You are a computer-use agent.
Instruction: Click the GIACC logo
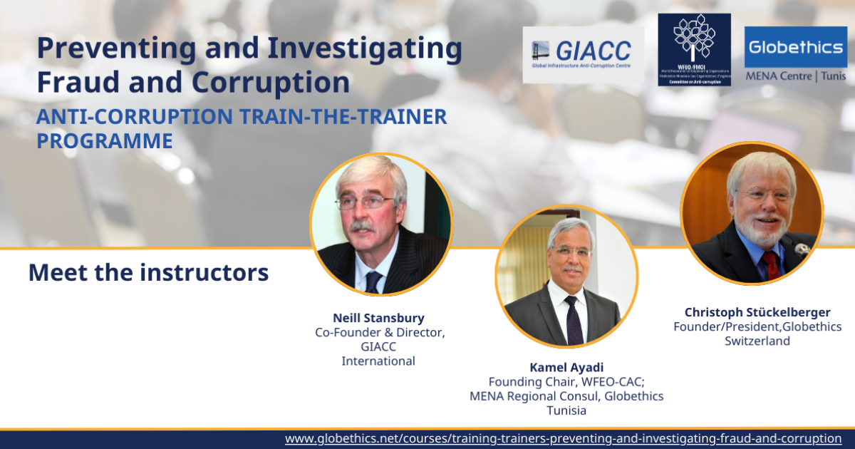tap(583, 55)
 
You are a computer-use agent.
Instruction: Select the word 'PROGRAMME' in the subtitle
tap(105, 141)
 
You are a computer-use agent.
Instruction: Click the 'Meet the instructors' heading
tap(148, 272)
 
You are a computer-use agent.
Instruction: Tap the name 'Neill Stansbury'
tap(378, 318)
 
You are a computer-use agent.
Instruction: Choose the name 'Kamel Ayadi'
tap(566, 368)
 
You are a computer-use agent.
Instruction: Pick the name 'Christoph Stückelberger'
tap(757, 312)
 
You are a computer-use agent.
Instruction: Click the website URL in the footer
tap(563, 438)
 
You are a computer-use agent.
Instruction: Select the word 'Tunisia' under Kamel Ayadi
tap(566, 411)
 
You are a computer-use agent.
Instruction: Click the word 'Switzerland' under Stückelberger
tap(757, 341)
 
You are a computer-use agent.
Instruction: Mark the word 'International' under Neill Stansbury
tap(378, 361)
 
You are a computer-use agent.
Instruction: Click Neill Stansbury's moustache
tap(362, 227)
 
